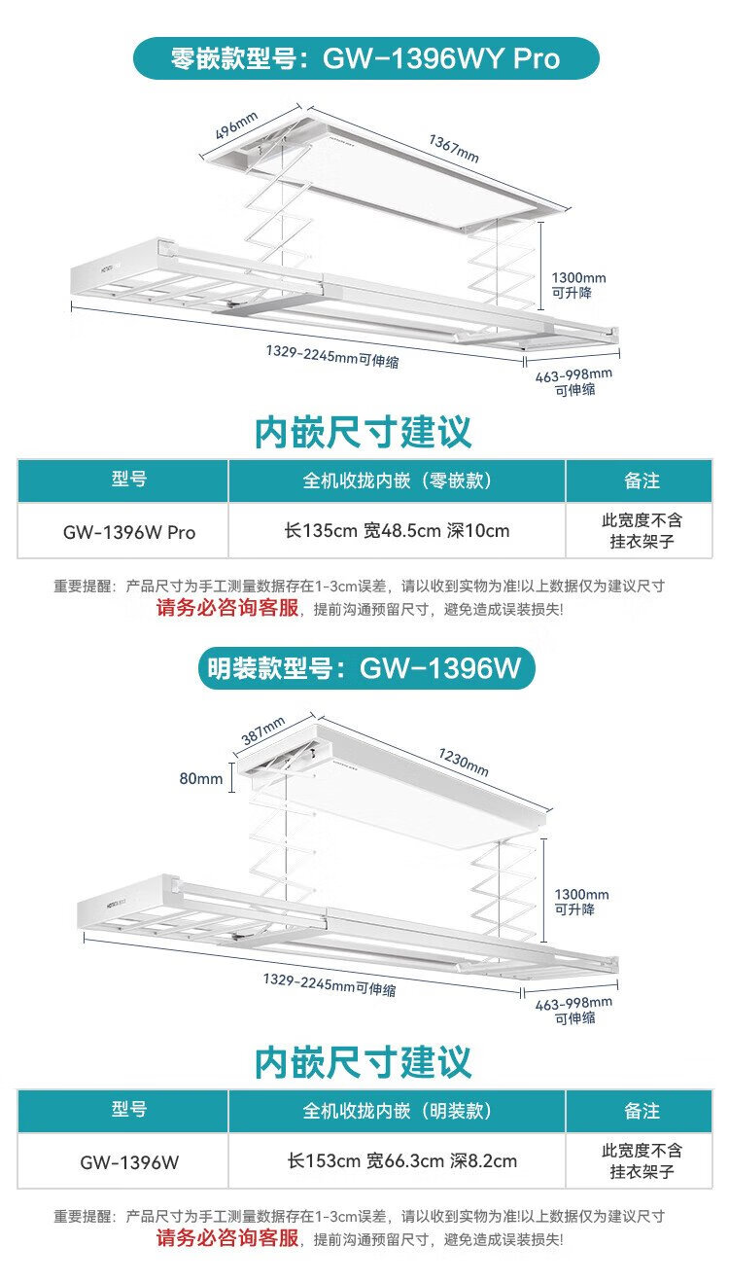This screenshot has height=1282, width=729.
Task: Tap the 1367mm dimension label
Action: pyautogui.click(x=454, y=147)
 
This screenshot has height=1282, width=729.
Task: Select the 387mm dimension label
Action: pyautogui.click(x=261, y=730)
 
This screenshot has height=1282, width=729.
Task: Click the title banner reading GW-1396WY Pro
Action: pyautogui.click(x=364, y=58)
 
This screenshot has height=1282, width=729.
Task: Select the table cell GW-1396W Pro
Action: pyautogui.click(x=129, y=532)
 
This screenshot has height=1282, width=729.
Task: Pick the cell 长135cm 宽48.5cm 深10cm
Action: pyautogui.click(x=397, y=531)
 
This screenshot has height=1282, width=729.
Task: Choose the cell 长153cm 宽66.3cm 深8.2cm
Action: pyautogui.click(x=400, y=1160)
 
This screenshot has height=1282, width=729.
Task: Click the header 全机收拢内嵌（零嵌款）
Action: pyautogui.click(x=397, y=481)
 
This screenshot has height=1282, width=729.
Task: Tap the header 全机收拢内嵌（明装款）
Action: pyautogui.click(x=397, y=1110)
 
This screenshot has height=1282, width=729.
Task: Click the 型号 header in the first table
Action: pyautogui.click(x=129, y=481)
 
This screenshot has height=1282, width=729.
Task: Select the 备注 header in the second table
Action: pyautogui.click(x=642, y=1110)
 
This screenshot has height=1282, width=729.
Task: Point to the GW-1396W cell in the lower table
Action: pyautogui.click(x=129, y=1161)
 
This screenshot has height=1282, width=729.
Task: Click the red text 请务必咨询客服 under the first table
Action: pyautogui.click(x=227, y=610)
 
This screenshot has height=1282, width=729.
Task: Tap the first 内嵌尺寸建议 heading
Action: pyautogui.click(x=364, y=431)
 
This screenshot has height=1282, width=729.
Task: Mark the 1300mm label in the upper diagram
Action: pyautogui.click(x=579, y=277)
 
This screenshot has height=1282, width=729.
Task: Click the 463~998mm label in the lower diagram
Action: pyautogui.click(x=573, y=1002)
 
